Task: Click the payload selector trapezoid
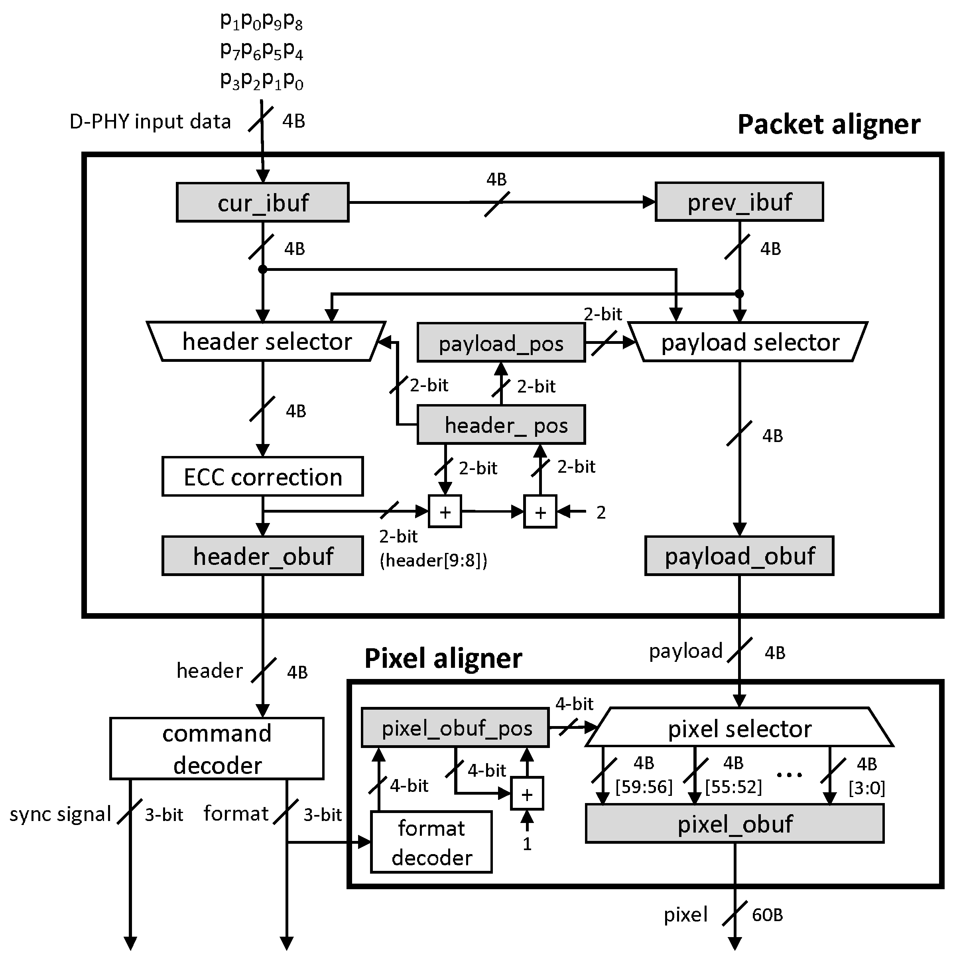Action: tap(748, 342)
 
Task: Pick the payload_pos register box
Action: tap(501, 343)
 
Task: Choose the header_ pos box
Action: tap(501, 425)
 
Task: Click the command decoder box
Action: tap(217, 749)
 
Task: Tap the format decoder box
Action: tap(431, 843)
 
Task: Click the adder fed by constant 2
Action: tap(540, 511)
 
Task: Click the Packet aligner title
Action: tap(829, 124)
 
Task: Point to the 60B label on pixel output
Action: tap(767, 916)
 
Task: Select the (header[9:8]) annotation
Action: tap(433, 560)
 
